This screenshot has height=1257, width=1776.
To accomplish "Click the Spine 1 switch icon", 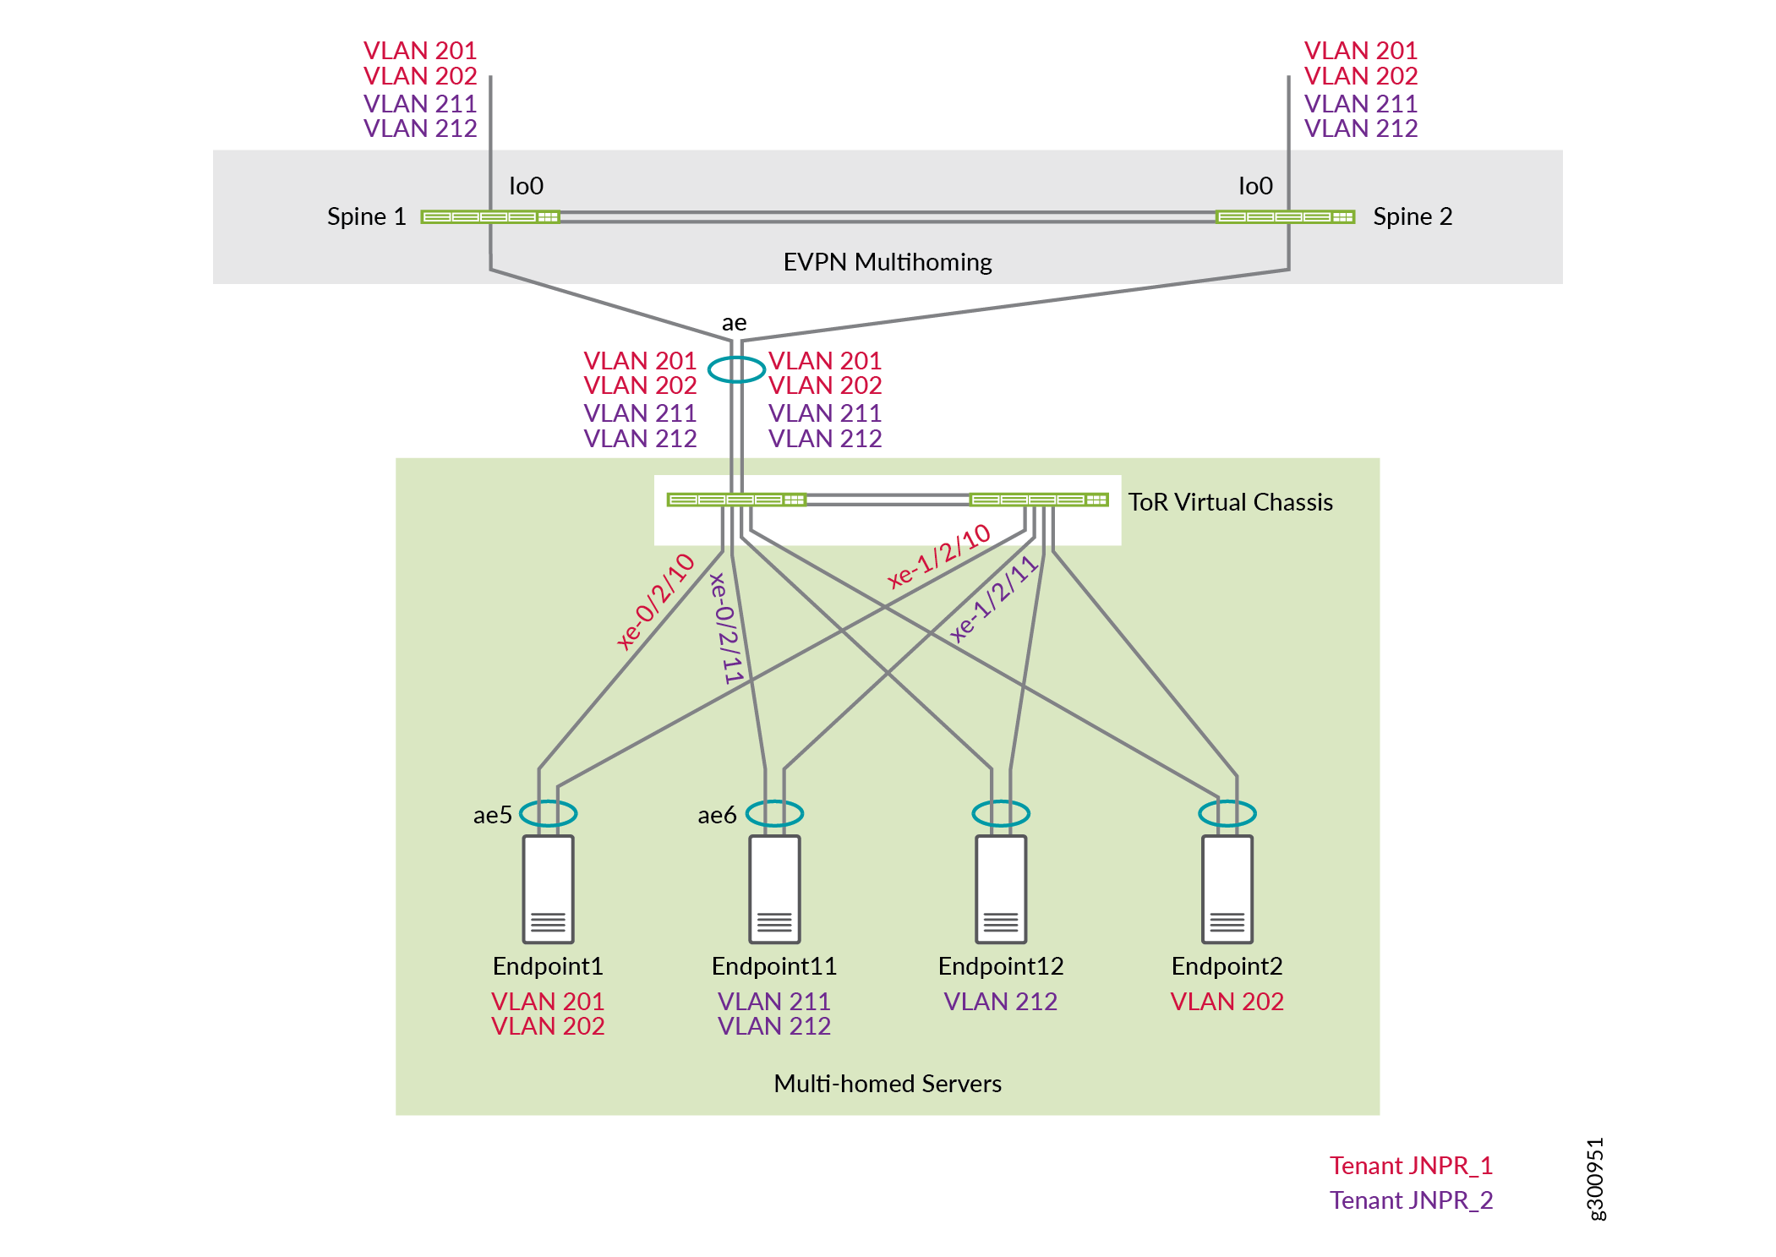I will pyautogui.click(x=490, y=217).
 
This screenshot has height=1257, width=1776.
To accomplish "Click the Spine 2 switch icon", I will pyautogui.click(x=1285, y=217).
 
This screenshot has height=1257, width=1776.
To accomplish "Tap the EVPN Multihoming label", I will pyautogui.click(x=887, y=262).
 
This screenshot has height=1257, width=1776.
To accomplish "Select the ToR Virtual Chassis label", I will pyautogui.click(x=1230, y=502).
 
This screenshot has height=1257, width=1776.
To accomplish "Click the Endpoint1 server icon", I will pyautogui.click(x=548, y=889).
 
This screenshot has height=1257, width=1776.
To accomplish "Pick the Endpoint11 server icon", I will pyautogui.click(x=774, y=889).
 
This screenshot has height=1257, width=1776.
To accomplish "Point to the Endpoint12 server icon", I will pyautogui.click(x=1001, y=889).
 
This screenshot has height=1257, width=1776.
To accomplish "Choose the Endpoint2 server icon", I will pyautogui.click(x=1227, y=889).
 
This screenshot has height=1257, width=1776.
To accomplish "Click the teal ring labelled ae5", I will pyautogui.click(x=548, y=813).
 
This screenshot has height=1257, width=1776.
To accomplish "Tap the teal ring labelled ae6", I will pyautogui.click(x=774, y=813).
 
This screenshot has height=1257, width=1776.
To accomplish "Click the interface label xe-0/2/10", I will pyautogui.click(x=655, y=601).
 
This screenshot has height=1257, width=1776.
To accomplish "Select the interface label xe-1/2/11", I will pyautogui.click(x=993, y=599).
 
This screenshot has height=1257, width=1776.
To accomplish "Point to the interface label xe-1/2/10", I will pyautogui.click(x=938, y=555).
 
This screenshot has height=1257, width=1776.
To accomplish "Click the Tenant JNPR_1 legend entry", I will pyautogui.click(x=1411, y=1166).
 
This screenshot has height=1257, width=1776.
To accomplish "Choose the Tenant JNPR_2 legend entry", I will pyautogui.click(x=1411, y=1200).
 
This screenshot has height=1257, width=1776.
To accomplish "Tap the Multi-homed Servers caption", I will pyautogui.click(x=887, y=1084).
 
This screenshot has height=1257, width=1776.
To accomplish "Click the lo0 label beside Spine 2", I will pyautogui.click(x=1255, y=186).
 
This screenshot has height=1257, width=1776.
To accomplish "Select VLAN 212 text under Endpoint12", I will pyautogui.click(x=1000, y=1002).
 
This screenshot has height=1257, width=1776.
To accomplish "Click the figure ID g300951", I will pyautogui.click(x=1594, y=1179).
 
